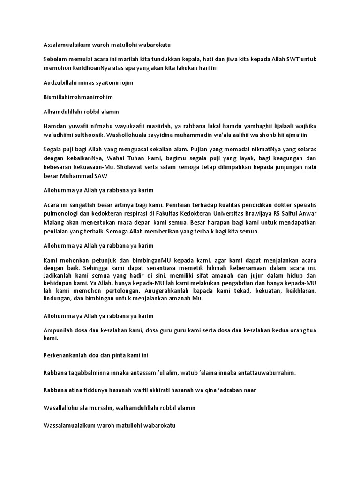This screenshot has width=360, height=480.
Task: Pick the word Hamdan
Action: point(52,125)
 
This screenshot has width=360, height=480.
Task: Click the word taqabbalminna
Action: point(92,372)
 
